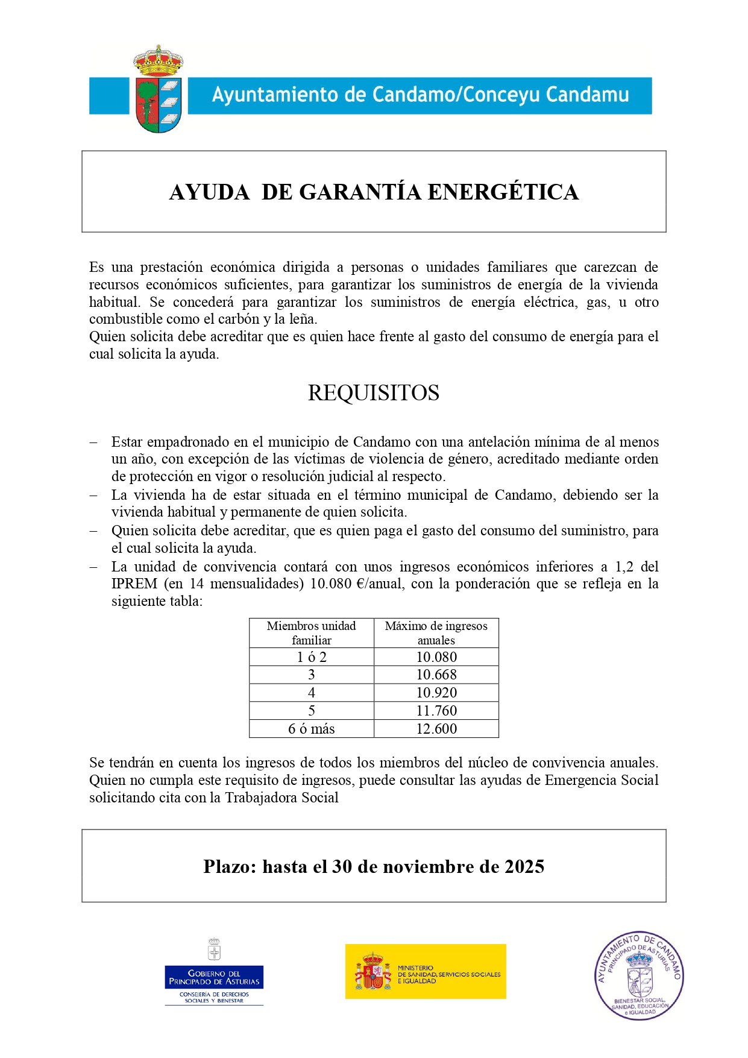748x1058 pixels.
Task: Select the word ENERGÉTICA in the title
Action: tap(503, 192)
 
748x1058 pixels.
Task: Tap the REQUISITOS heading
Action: tap(374, 393)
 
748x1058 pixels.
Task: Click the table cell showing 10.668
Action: tap(436, 675)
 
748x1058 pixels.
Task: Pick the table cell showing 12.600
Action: tap(436, 729)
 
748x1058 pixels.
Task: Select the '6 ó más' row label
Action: tap(311, 729)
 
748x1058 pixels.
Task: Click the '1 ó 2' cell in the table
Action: tap(311, 657)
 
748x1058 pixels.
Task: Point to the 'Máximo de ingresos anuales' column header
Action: tap(436, 633)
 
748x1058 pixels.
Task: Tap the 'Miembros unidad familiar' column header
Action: tap(311, 633)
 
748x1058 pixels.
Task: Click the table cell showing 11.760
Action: tap(436, 711)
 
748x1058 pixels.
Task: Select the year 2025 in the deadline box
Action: tap(524, 867)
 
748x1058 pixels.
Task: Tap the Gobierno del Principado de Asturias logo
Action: tap(214, 972)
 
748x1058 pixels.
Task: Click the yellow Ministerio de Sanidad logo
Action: tap(426, 972)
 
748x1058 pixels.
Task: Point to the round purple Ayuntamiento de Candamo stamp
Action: tap(639, 975)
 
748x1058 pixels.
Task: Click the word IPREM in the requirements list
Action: tap(134, 584)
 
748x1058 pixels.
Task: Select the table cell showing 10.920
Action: tap(436, 693)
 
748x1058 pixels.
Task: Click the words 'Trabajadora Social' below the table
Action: tap(281, 798)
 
